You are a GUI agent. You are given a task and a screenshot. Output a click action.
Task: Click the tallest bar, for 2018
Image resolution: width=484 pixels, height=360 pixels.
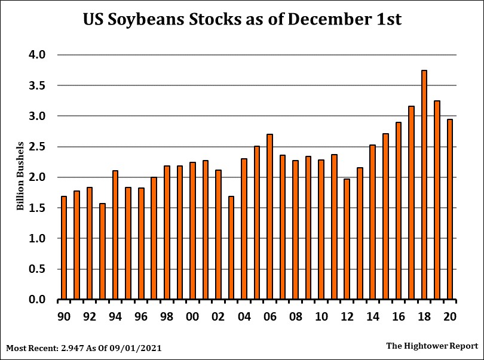coord(424,185)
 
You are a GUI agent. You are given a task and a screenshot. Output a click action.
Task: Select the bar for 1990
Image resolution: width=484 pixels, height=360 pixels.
coord(64,248)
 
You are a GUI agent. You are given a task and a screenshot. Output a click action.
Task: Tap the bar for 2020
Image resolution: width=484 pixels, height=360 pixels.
coord(450,210)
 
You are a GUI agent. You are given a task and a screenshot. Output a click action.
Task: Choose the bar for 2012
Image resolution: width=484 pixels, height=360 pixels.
coord(347,239)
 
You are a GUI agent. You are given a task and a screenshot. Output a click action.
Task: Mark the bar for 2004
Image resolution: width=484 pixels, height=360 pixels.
coord(244,229)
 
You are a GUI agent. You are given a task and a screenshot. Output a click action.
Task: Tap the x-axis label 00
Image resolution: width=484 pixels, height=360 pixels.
coord(192,316)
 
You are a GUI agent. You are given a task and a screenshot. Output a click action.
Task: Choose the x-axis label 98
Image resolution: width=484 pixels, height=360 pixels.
coord(167,316)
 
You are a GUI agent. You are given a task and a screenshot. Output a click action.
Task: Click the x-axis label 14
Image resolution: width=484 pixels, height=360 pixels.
coord(372,316)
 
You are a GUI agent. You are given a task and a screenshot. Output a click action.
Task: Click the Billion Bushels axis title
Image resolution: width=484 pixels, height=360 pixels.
coord(20,177)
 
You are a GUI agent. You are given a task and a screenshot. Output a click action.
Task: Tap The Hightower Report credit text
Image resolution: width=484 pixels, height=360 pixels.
coord(432,346)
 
